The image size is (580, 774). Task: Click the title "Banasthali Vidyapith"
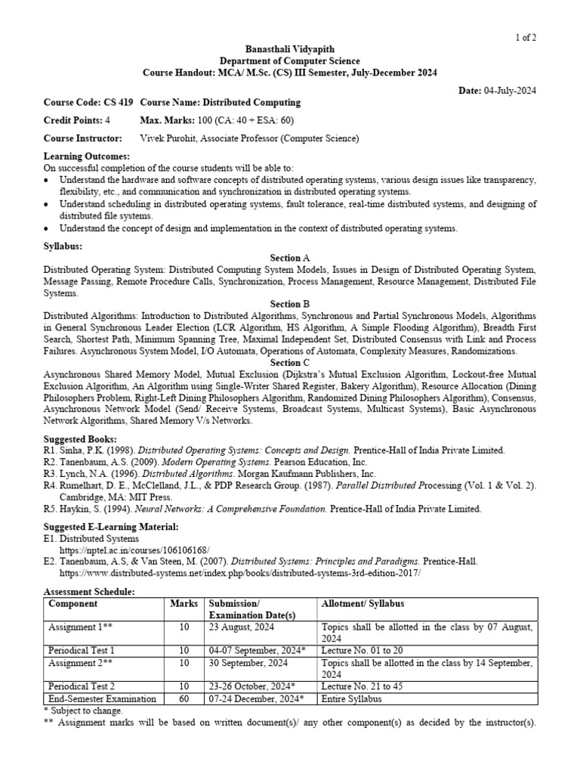(x=289, y=49)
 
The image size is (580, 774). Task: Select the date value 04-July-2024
(x=511, y=91)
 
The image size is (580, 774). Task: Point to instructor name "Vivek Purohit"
(x=171, y=138)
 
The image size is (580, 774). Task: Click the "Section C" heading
(x=290, y=363)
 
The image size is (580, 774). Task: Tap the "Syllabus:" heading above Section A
(x=63, y=247)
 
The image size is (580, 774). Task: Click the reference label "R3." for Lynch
(x=51, y=473)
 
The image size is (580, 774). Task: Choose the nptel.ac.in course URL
(x=134, y=550)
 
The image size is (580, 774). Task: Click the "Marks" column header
(x=184, y=604)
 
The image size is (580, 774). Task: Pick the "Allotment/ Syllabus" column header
(x=363, y=604)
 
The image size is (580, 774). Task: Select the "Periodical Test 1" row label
(x=82, y=650)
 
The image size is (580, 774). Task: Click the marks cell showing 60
(x=184, y=699)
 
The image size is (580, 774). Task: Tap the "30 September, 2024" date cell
(x=247, y=663)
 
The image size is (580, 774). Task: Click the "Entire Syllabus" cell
(x=351, y=699)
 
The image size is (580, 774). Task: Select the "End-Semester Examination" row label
(x=102, y=699)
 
